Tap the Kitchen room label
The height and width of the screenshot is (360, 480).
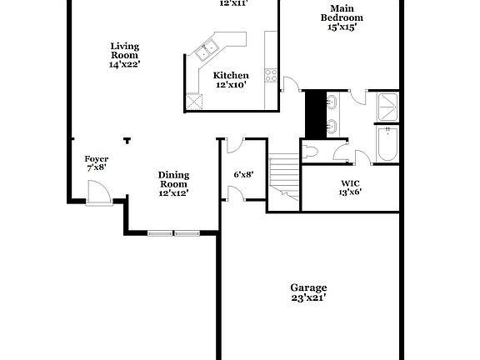(x=232, y=75)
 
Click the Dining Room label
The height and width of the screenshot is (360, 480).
(x=174, y=179)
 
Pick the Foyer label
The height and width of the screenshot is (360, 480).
(x=97, y=158)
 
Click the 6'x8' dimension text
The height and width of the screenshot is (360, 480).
(x=242, y=174)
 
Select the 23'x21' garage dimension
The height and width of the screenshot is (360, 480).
(x=307, y=297)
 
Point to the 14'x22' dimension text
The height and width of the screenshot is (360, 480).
(x=124, y=64)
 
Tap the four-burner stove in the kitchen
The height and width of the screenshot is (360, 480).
(x=271, y=73)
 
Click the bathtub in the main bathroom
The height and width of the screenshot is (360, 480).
(x=388, y=145)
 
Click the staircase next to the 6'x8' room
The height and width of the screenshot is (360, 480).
(x=283, y=174)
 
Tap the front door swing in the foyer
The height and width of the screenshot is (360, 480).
(x=97, y=193)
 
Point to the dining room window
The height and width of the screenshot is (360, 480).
(x=174, y=233)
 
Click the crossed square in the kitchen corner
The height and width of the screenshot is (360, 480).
(x=195, y=100)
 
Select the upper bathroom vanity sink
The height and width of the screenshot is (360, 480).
(x=332, y=102)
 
